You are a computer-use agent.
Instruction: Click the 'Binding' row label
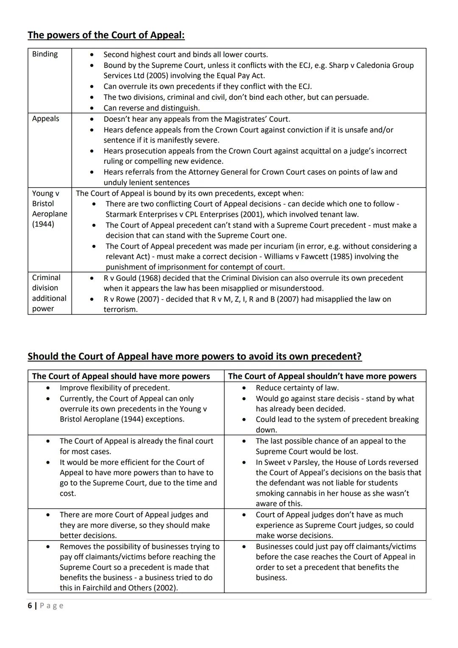pyautogui.click(x=45, y=54)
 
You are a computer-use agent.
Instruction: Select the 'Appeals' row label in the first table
pyautogui.click(x=45, y=118)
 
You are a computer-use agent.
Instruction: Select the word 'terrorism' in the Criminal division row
pyautogui.click(x=120, y=309)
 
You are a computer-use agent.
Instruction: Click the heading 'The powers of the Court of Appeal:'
pyautogui.click(x=106, y=35)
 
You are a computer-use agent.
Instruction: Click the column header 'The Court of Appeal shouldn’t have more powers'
pyautogui.click(x=322, y=376)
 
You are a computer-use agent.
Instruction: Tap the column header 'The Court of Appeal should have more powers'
pyautogui.click(x=121, y=376)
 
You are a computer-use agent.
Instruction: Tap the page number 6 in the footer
pyautogui.click(x=30, y=606)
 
